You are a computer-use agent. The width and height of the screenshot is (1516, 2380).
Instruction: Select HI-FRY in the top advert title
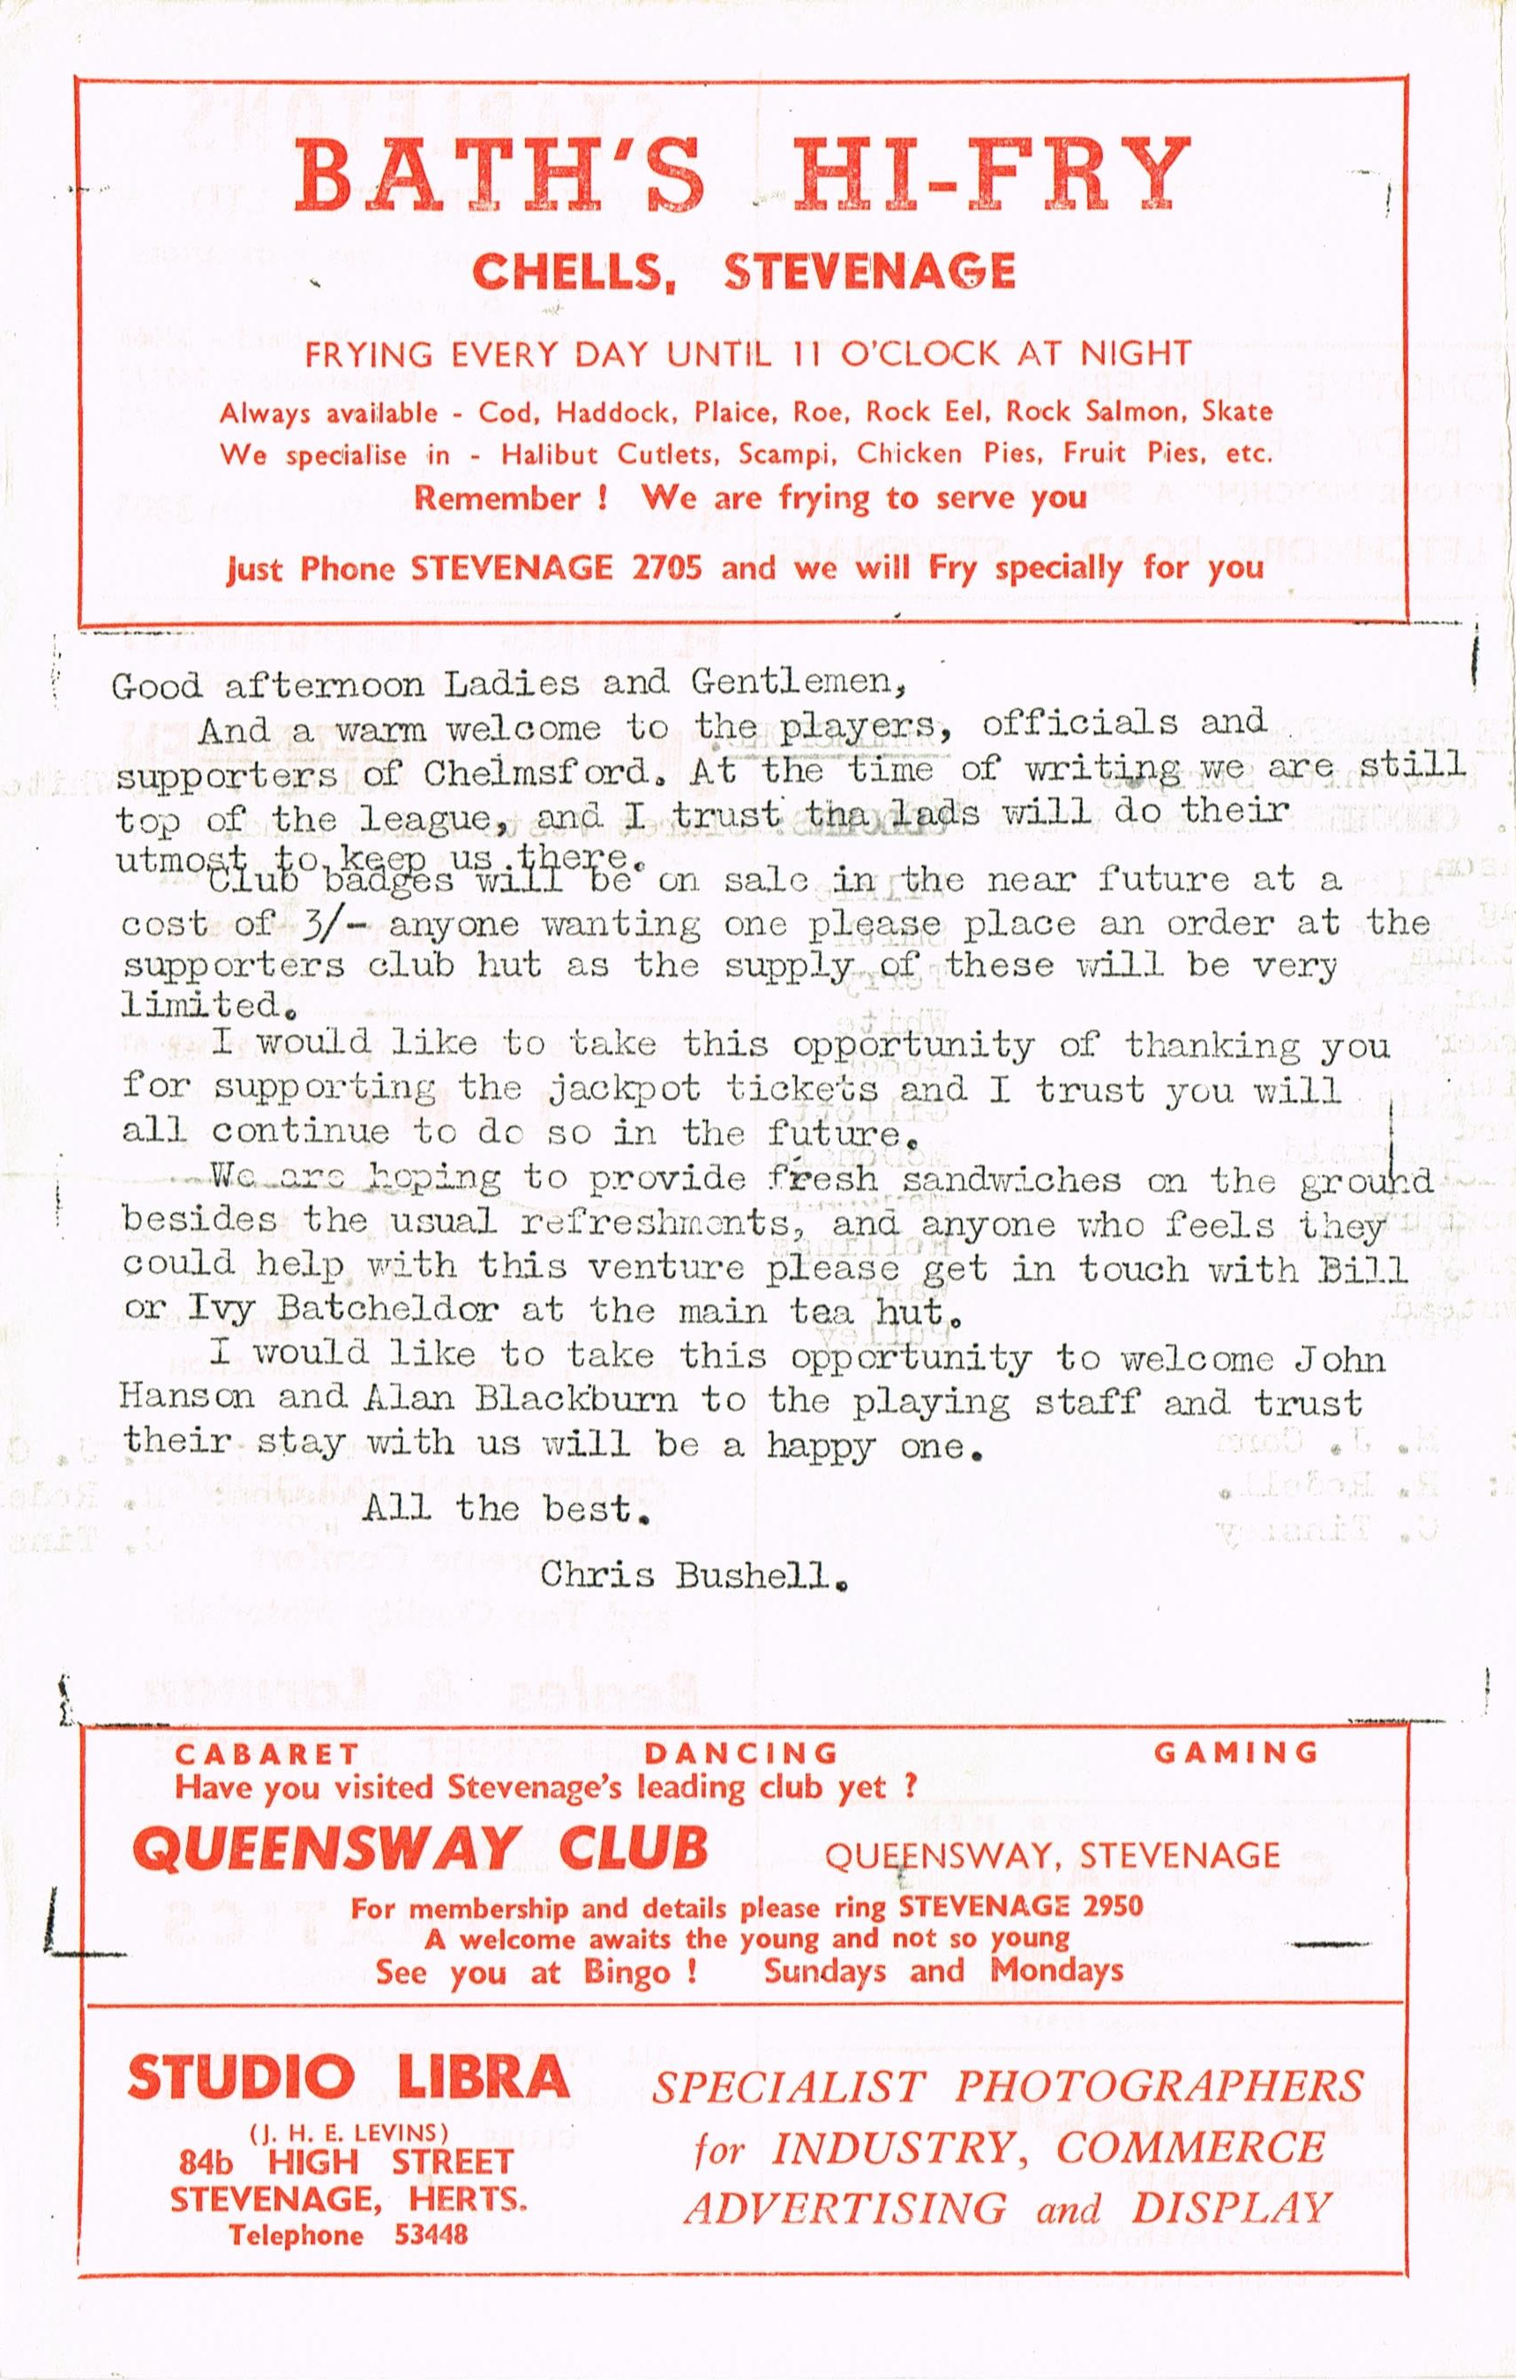[x=994, y=174]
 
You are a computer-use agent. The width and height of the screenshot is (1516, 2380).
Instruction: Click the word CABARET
[x=266, y=1753]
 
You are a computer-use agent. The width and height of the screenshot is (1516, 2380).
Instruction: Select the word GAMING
[x=1235, y=1753]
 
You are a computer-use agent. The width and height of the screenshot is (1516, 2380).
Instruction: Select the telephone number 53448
[x=431, y=2206]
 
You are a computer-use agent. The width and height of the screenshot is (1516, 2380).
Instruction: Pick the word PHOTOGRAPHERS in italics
[x=1159, y=2085]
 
